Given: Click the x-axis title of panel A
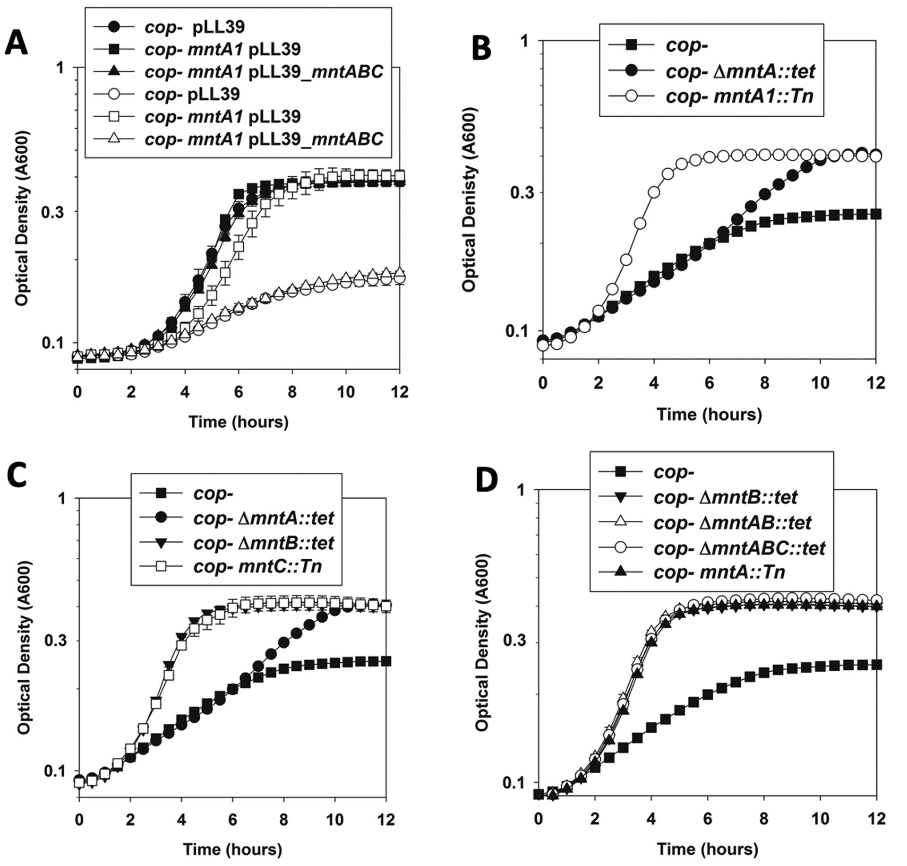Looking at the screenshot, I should [238, 422].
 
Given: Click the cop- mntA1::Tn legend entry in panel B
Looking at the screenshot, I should [739, 96].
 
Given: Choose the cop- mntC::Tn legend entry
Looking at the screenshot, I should [257, 565].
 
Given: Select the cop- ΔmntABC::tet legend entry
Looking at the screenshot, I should [739, 548].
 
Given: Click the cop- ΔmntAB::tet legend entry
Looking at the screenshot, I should [732, 523].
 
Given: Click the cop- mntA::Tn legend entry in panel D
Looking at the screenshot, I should [719, 572].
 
